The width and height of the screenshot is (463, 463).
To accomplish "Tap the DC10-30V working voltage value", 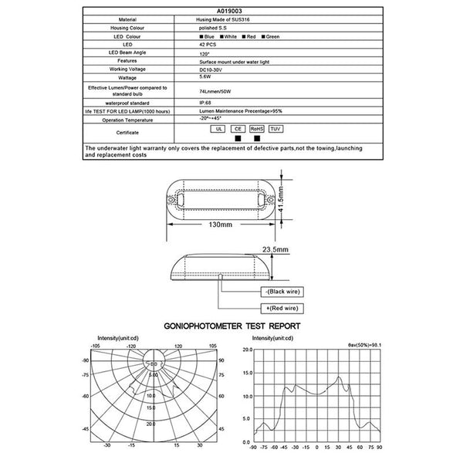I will point(217,68).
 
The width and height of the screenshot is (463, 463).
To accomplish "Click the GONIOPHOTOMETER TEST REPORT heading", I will point(232,326).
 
